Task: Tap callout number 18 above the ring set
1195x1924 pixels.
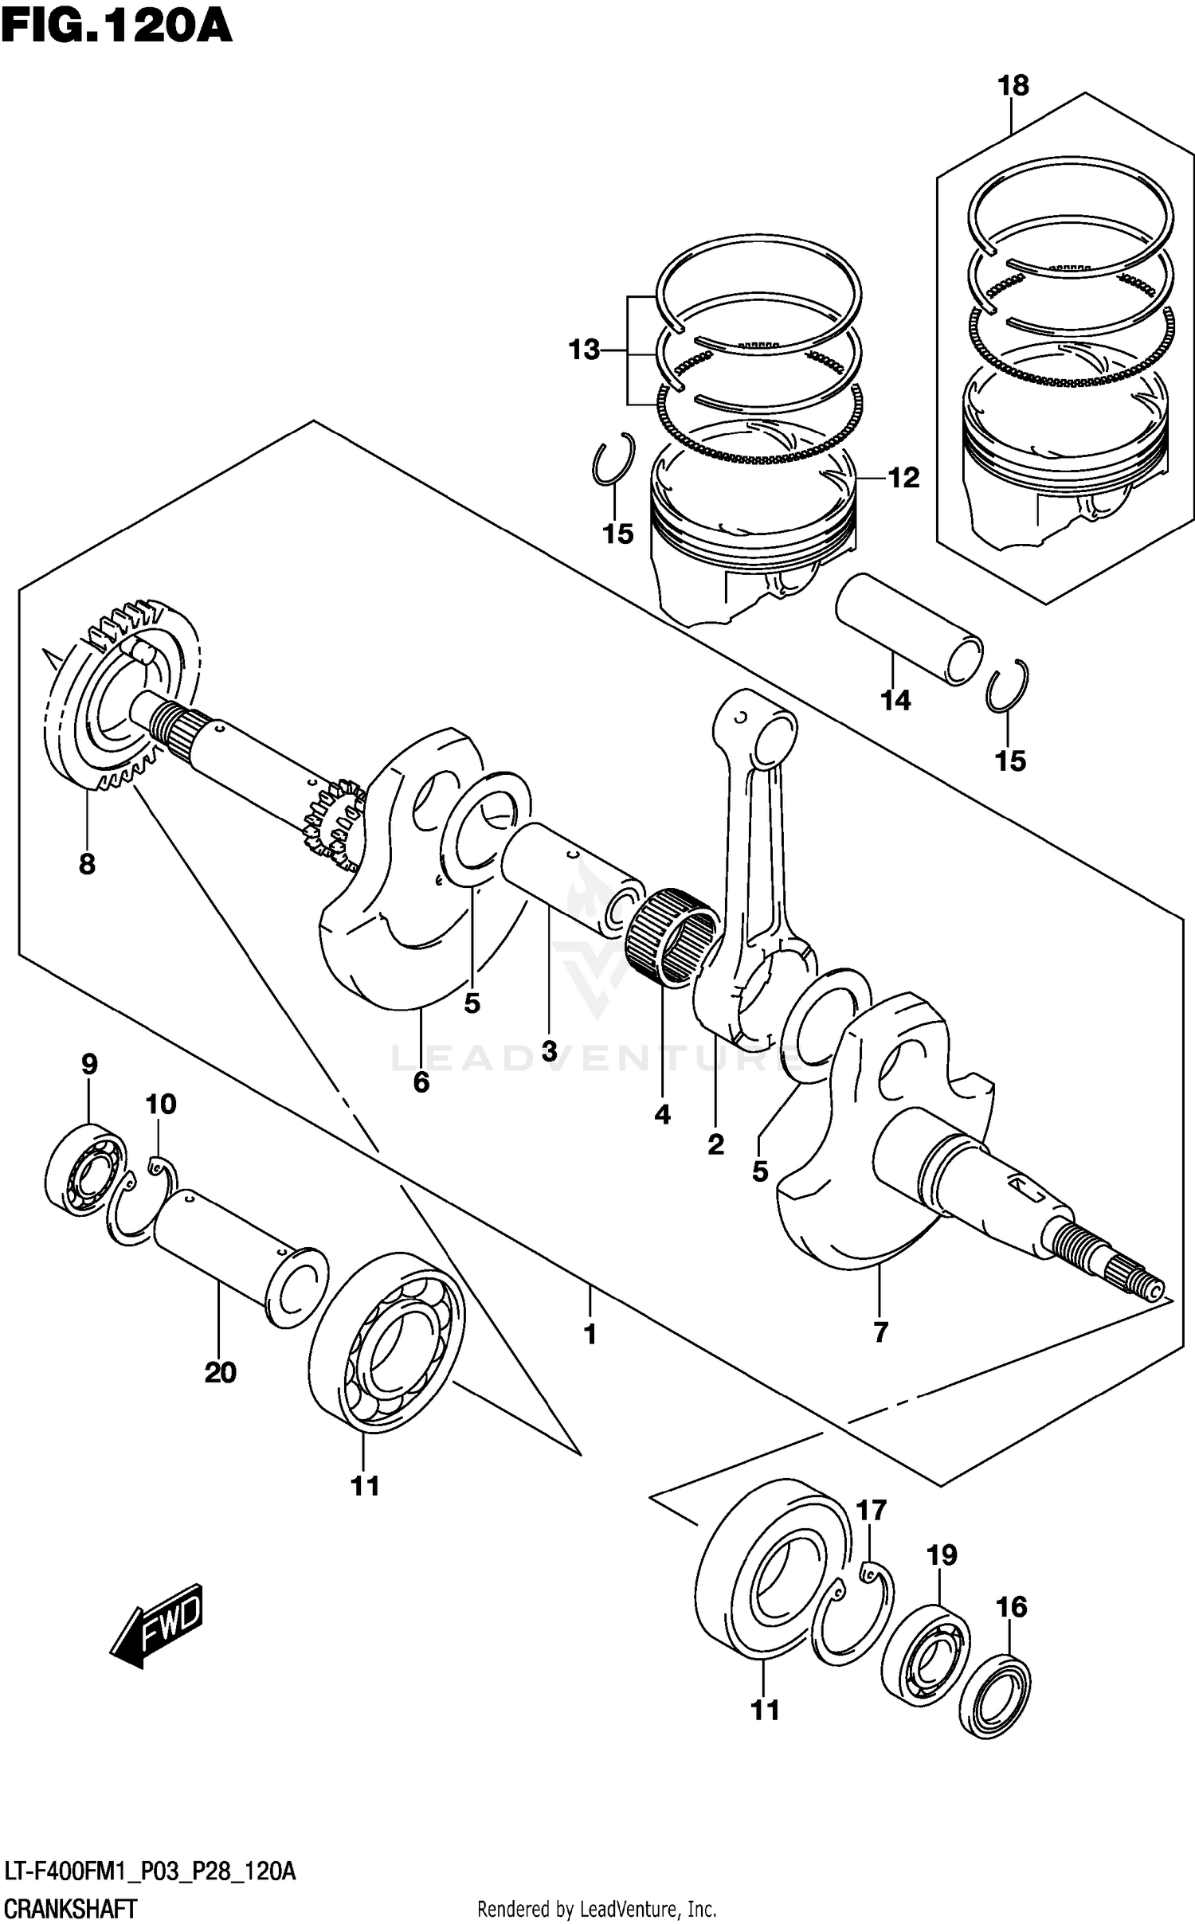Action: pos(1013,85)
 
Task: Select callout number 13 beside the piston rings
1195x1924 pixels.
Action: pos(584,350)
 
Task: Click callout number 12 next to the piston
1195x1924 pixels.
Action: pos(903,478)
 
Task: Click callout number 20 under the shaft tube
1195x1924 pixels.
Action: pos(220,1372)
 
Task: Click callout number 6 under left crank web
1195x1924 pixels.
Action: pos(421,1082)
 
